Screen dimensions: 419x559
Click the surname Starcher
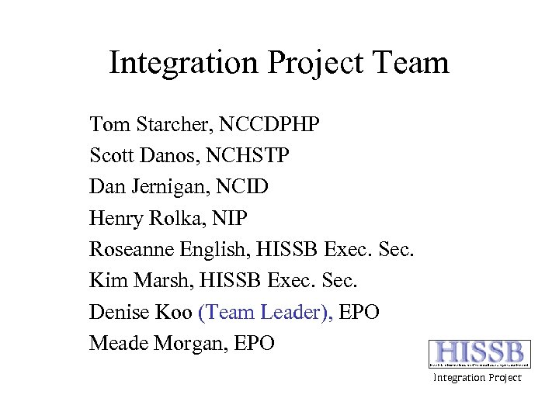167,124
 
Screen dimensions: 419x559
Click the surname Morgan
186,343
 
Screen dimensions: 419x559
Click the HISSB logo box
480,354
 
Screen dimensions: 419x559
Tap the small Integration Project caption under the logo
477,378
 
